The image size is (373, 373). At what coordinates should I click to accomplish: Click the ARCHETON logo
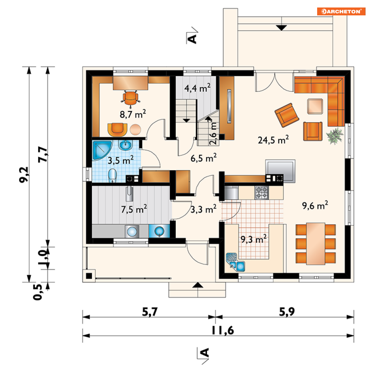(341, 11)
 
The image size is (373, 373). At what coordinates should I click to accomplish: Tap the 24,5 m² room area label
(273, 139)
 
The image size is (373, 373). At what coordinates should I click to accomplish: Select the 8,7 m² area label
(133, 114)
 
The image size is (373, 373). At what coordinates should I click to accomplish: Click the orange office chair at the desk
(130, 98)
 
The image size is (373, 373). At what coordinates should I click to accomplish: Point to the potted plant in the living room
(335, 136)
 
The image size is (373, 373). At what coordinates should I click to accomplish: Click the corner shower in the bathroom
(102, 150)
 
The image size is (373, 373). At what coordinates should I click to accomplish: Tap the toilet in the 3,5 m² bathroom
(112, 175)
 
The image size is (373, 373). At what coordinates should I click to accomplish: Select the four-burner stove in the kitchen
(262, 192)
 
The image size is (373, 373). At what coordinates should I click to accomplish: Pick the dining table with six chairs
(316, 244)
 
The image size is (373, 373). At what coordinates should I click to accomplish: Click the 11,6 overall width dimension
(223, 330)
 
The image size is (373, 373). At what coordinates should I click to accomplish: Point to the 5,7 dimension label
(150, 312)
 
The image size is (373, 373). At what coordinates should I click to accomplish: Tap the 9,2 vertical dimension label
(24, 175)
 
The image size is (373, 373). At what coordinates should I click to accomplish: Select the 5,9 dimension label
(287, 312)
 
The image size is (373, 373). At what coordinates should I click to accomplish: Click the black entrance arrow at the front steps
(198, 285)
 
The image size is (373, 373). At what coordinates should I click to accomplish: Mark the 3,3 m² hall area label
(204, 209)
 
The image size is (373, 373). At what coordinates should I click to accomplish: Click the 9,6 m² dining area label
(315, 205)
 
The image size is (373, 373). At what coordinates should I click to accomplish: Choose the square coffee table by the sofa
(315, 106)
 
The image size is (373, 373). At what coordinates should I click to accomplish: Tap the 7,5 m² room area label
(134, 209)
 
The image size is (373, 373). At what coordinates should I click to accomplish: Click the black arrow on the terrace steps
(282, 28)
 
